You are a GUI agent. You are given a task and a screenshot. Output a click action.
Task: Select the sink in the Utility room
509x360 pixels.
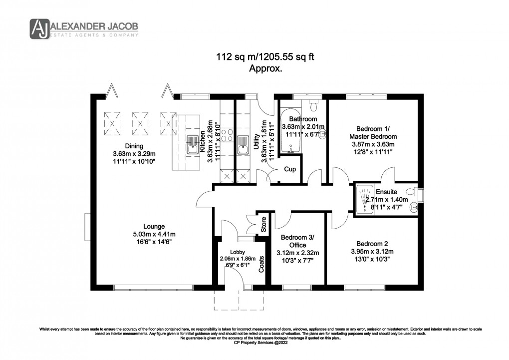(x=244, y=145)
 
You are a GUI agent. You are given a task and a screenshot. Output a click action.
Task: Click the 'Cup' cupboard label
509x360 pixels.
(x=290, y=169)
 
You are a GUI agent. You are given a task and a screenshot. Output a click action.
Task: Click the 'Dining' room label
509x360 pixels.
(x=134, y=146)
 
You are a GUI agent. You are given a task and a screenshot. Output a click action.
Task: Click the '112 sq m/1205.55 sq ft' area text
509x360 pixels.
(x=265, y=57)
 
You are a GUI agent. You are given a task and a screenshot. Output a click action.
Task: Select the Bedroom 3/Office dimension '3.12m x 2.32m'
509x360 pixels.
(x=297, y=252)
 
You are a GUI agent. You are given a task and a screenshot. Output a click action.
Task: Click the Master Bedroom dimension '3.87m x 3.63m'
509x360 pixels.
(x=373, y=144)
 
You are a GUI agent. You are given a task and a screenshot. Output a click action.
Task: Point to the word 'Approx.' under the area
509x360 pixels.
(x=265, y=69)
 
